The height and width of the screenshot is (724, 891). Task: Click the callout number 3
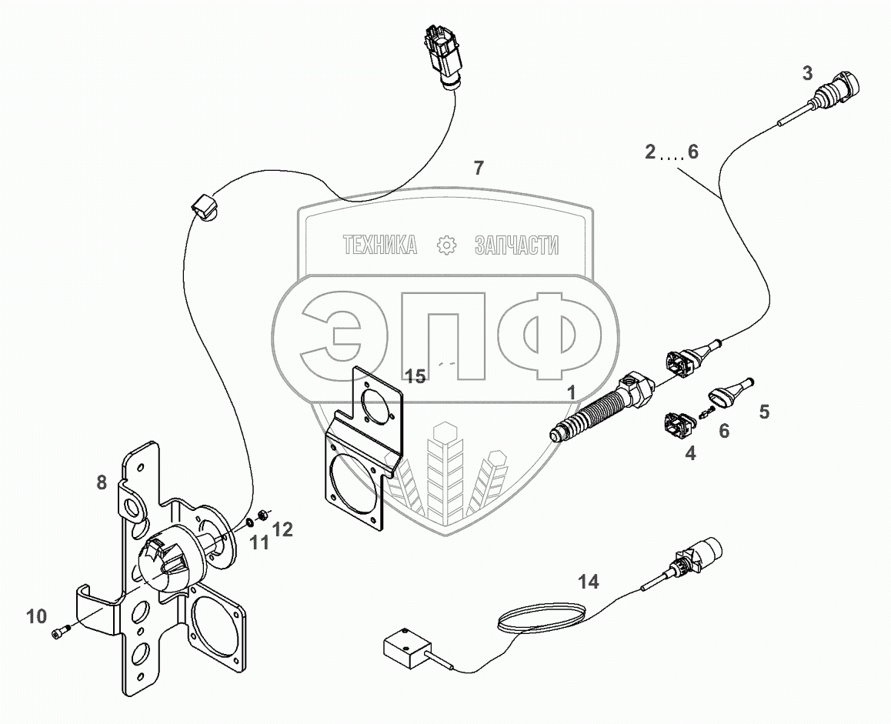[807, 74]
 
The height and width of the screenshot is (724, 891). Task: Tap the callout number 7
[479, 168]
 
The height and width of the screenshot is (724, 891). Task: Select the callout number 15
[415, 376]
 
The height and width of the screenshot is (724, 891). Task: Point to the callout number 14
[588, 582]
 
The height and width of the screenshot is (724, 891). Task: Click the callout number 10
[37, 616]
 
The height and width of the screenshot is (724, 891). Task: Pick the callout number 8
[102, 483]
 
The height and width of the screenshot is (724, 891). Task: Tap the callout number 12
[282, 529]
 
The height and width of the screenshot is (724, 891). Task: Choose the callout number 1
[570, 392]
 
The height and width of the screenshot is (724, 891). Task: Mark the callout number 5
[763, 412]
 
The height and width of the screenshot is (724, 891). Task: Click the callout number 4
[690, 454]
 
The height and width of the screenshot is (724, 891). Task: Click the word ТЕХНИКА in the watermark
[380, 245]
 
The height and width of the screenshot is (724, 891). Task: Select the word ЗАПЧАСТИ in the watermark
[516, 245]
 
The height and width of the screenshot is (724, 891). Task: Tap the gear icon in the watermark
[446, 245]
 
